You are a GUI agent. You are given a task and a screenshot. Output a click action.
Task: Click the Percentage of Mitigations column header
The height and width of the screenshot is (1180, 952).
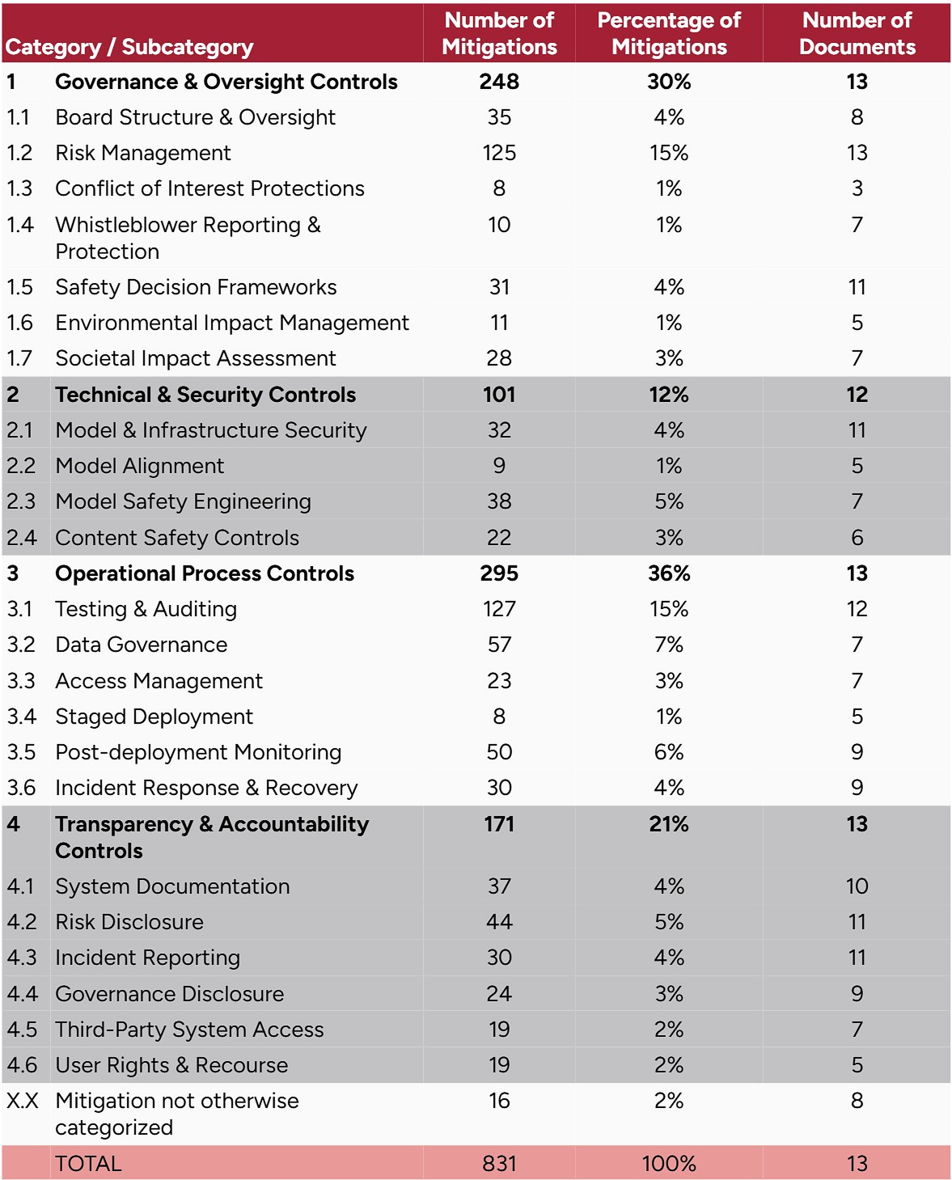[669, 33]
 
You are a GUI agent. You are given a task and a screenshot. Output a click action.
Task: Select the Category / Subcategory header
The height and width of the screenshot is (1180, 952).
[129, 47]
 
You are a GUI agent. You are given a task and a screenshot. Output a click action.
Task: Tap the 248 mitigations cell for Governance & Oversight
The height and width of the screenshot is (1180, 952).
[499, 82]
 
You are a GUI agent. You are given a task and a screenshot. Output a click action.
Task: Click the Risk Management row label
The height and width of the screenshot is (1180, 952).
[143, 153]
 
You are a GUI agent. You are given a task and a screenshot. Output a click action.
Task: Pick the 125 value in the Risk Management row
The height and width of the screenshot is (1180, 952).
[499, 153]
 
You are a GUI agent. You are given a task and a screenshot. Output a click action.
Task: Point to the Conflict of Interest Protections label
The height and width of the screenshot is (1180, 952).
[209, 188]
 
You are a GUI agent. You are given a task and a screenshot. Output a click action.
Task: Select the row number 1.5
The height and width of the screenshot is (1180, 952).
[19, 287]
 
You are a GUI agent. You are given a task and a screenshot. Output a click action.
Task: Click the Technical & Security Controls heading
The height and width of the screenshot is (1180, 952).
[205, 395]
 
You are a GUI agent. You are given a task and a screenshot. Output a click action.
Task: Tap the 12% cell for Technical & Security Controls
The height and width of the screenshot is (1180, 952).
[669, 395]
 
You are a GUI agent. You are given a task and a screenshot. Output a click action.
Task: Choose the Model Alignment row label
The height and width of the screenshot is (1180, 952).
[140, 466]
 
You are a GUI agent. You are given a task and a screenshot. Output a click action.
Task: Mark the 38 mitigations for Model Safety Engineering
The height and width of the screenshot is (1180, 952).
[499, 501]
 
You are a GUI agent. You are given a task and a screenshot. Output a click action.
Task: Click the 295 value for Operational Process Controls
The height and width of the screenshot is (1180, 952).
[499, 573]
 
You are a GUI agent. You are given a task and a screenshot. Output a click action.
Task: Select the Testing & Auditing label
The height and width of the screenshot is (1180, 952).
[146, 609]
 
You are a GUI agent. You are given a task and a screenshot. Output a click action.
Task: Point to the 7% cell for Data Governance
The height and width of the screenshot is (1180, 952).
[669, 645]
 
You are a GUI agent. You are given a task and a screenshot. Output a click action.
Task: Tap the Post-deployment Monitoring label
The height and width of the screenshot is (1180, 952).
[198, 752]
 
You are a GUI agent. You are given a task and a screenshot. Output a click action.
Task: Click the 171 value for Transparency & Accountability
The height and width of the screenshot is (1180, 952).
[499, 824]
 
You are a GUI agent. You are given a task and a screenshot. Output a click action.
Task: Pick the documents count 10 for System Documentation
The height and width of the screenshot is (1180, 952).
[857, 886]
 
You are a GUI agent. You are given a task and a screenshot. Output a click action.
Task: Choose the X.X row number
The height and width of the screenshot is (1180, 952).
[23, 1101]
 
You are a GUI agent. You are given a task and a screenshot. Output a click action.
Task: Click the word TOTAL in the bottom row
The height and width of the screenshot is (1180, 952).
[88, 1163]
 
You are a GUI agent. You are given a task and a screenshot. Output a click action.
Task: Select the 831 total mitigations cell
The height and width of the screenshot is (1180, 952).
[499, 1163]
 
